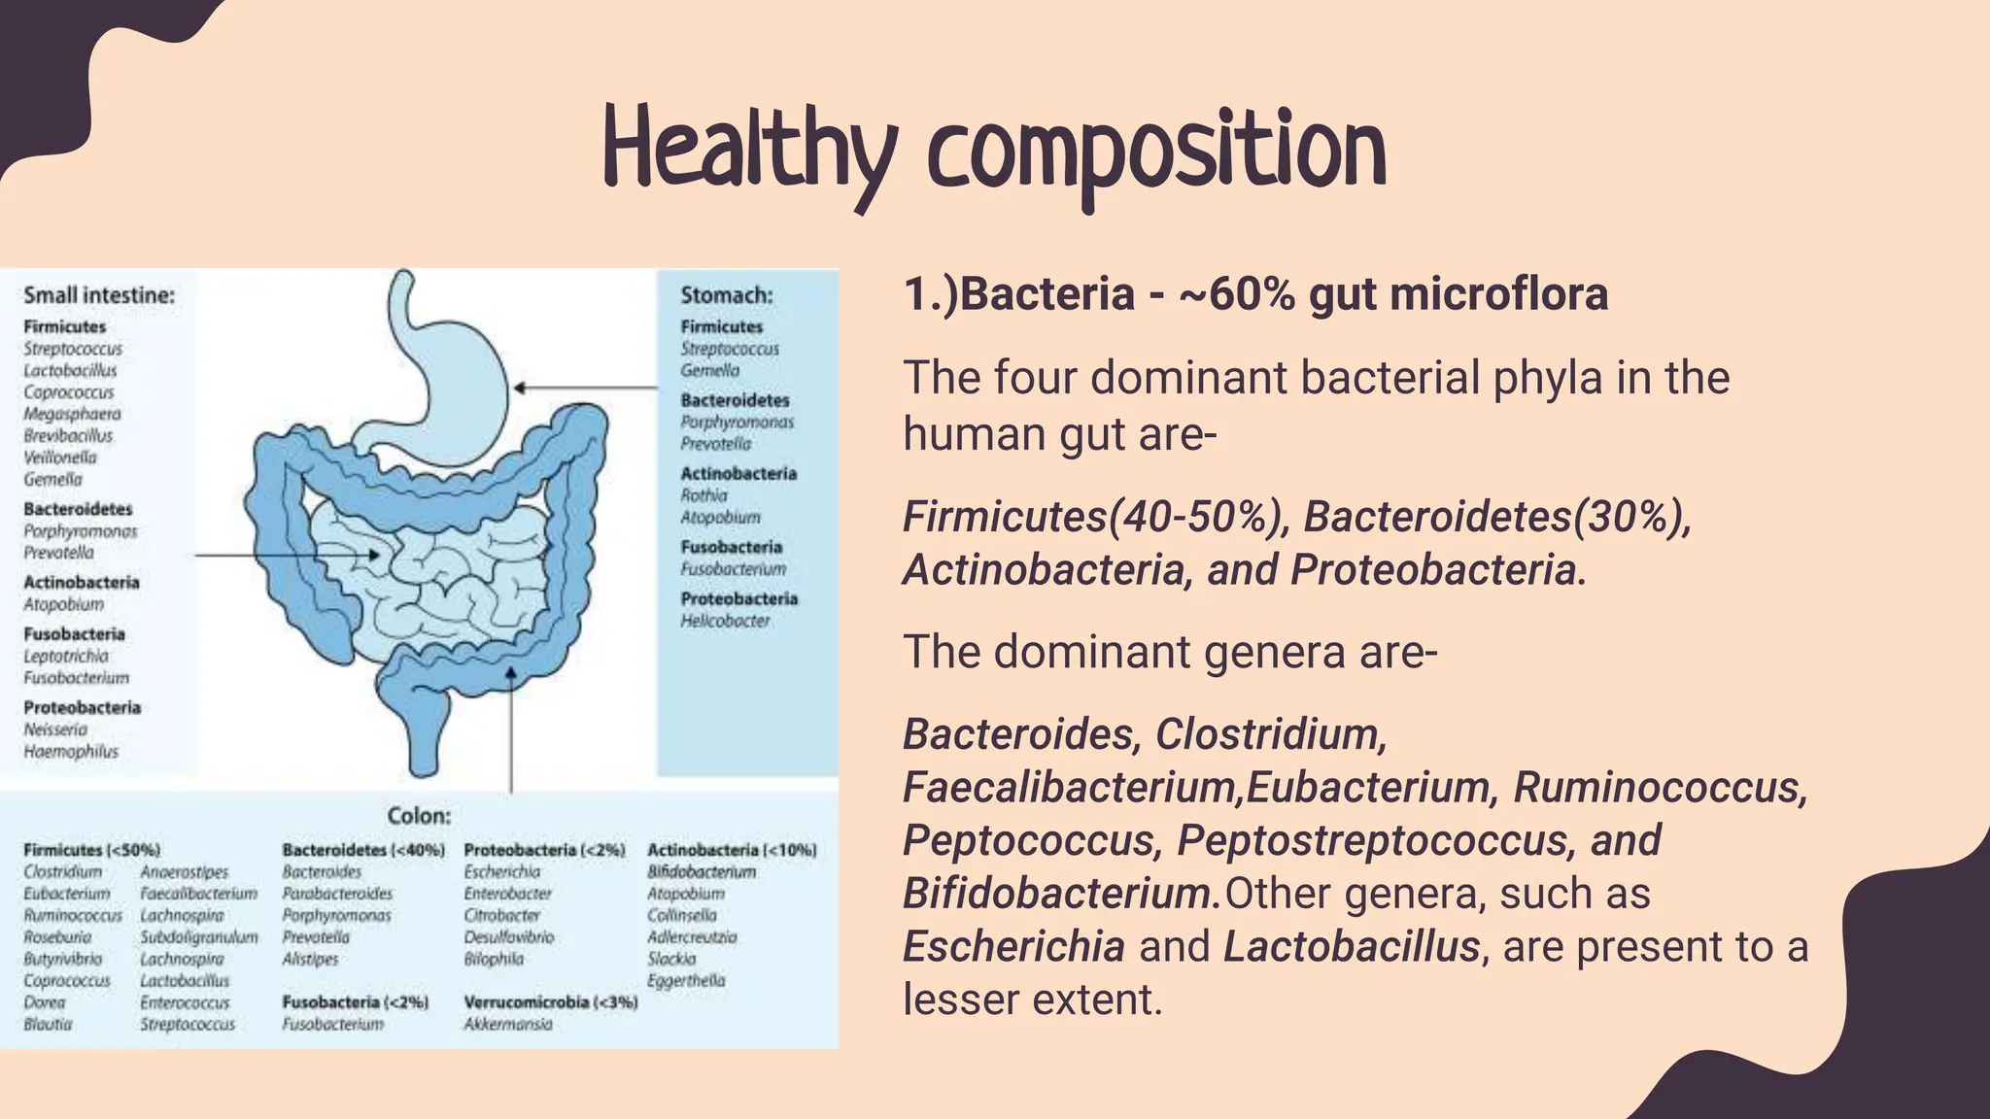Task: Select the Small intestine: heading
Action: (x=99, y=295)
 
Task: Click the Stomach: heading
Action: (x=727, y=295)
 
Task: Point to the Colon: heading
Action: (x=419, y=816)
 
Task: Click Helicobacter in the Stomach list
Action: (x=725, y=621)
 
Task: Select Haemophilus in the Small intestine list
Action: (x=71, y=752)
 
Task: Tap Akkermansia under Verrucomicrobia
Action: (x=508, y=1024)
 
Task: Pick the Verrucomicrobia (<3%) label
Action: (x=551, y=1001)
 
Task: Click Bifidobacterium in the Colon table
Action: (x=702, y=872)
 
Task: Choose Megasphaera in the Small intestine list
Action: (x=73, y=414)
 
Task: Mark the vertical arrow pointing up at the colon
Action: (x=511, y=729)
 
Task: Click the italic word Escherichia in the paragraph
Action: (x=1013, y=947)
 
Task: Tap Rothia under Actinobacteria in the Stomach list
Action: (x=703, y=495)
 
